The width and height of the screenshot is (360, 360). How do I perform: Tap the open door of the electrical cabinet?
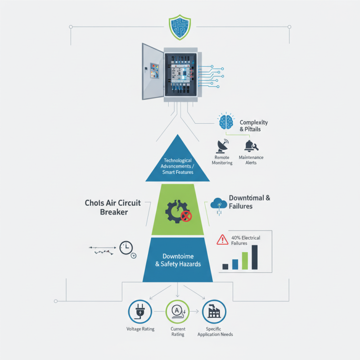[152, 71]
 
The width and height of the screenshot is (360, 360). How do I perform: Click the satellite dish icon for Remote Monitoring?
[222, 145]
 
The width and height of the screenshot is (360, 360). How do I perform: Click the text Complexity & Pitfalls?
[254, 126]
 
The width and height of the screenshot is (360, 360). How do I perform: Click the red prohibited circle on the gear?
[186, 217]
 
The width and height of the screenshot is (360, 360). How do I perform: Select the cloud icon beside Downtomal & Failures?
[218, 204]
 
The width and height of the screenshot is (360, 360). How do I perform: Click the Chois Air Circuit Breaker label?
[113, 207]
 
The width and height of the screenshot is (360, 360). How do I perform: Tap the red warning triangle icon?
[222, 239]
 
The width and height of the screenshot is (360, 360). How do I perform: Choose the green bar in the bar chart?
[245, 261]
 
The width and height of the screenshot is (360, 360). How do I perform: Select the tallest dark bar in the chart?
[255, 257]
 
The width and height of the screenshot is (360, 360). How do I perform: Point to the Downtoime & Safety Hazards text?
[178, 260]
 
